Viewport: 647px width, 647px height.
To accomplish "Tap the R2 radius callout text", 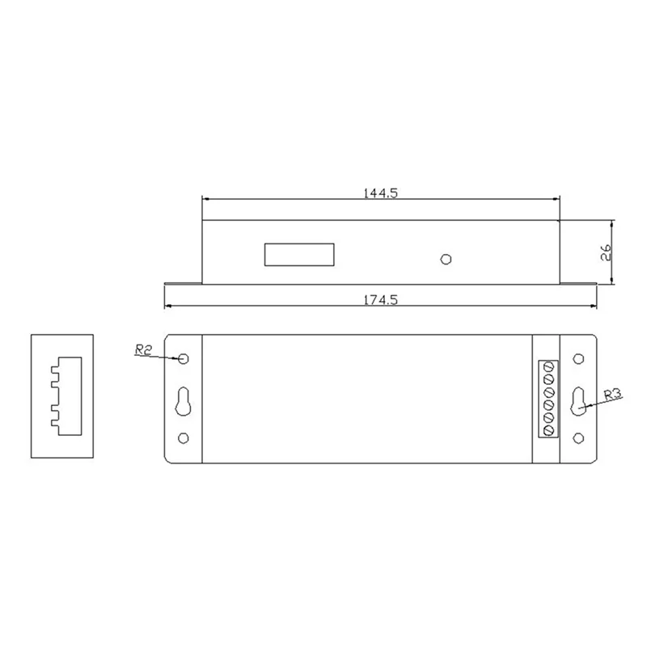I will point(144,350).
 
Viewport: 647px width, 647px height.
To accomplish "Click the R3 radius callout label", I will point(612,395).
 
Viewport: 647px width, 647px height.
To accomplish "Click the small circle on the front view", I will point(444,259).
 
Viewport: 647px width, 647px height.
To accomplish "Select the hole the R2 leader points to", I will point(184,358).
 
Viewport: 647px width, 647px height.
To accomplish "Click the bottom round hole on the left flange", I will point(184,439).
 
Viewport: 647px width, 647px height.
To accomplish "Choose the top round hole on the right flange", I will point(578,358).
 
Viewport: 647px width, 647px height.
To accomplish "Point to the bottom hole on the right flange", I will point(578,439).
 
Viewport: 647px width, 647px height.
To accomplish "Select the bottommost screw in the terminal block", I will point(548,429).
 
